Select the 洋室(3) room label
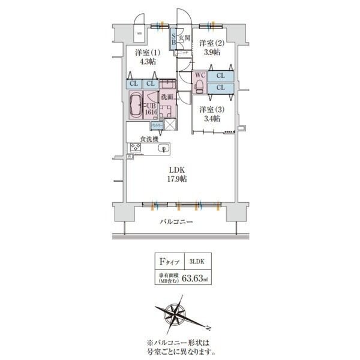[x=211, y=109]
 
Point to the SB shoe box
[x=173, y=40]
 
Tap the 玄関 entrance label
[x=184, y=39]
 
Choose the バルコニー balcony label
[x=176, y=222]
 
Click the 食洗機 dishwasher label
[x=149, y=139]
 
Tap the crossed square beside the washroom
[x=170, y=125]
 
